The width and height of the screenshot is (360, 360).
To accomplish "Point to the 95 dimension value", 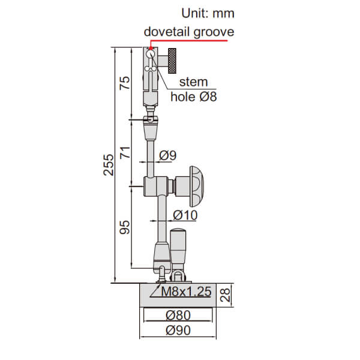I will pyautogui.click(x=125, y=227).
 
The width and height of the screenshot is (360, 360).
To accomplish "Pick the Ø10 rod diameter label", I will pyautogui.click(x=185, y=214).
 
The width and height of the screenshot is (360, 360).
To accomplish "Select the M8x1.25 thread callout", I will pyautogui.click(x=187, y=292).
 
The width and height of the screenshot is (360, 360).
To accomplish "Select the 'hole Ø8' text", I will pyautogui.click(x=193, y=96).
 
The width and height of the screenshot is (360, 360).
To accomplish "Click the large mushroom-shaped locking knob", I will pyautogui.click(x=196, y=185).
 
